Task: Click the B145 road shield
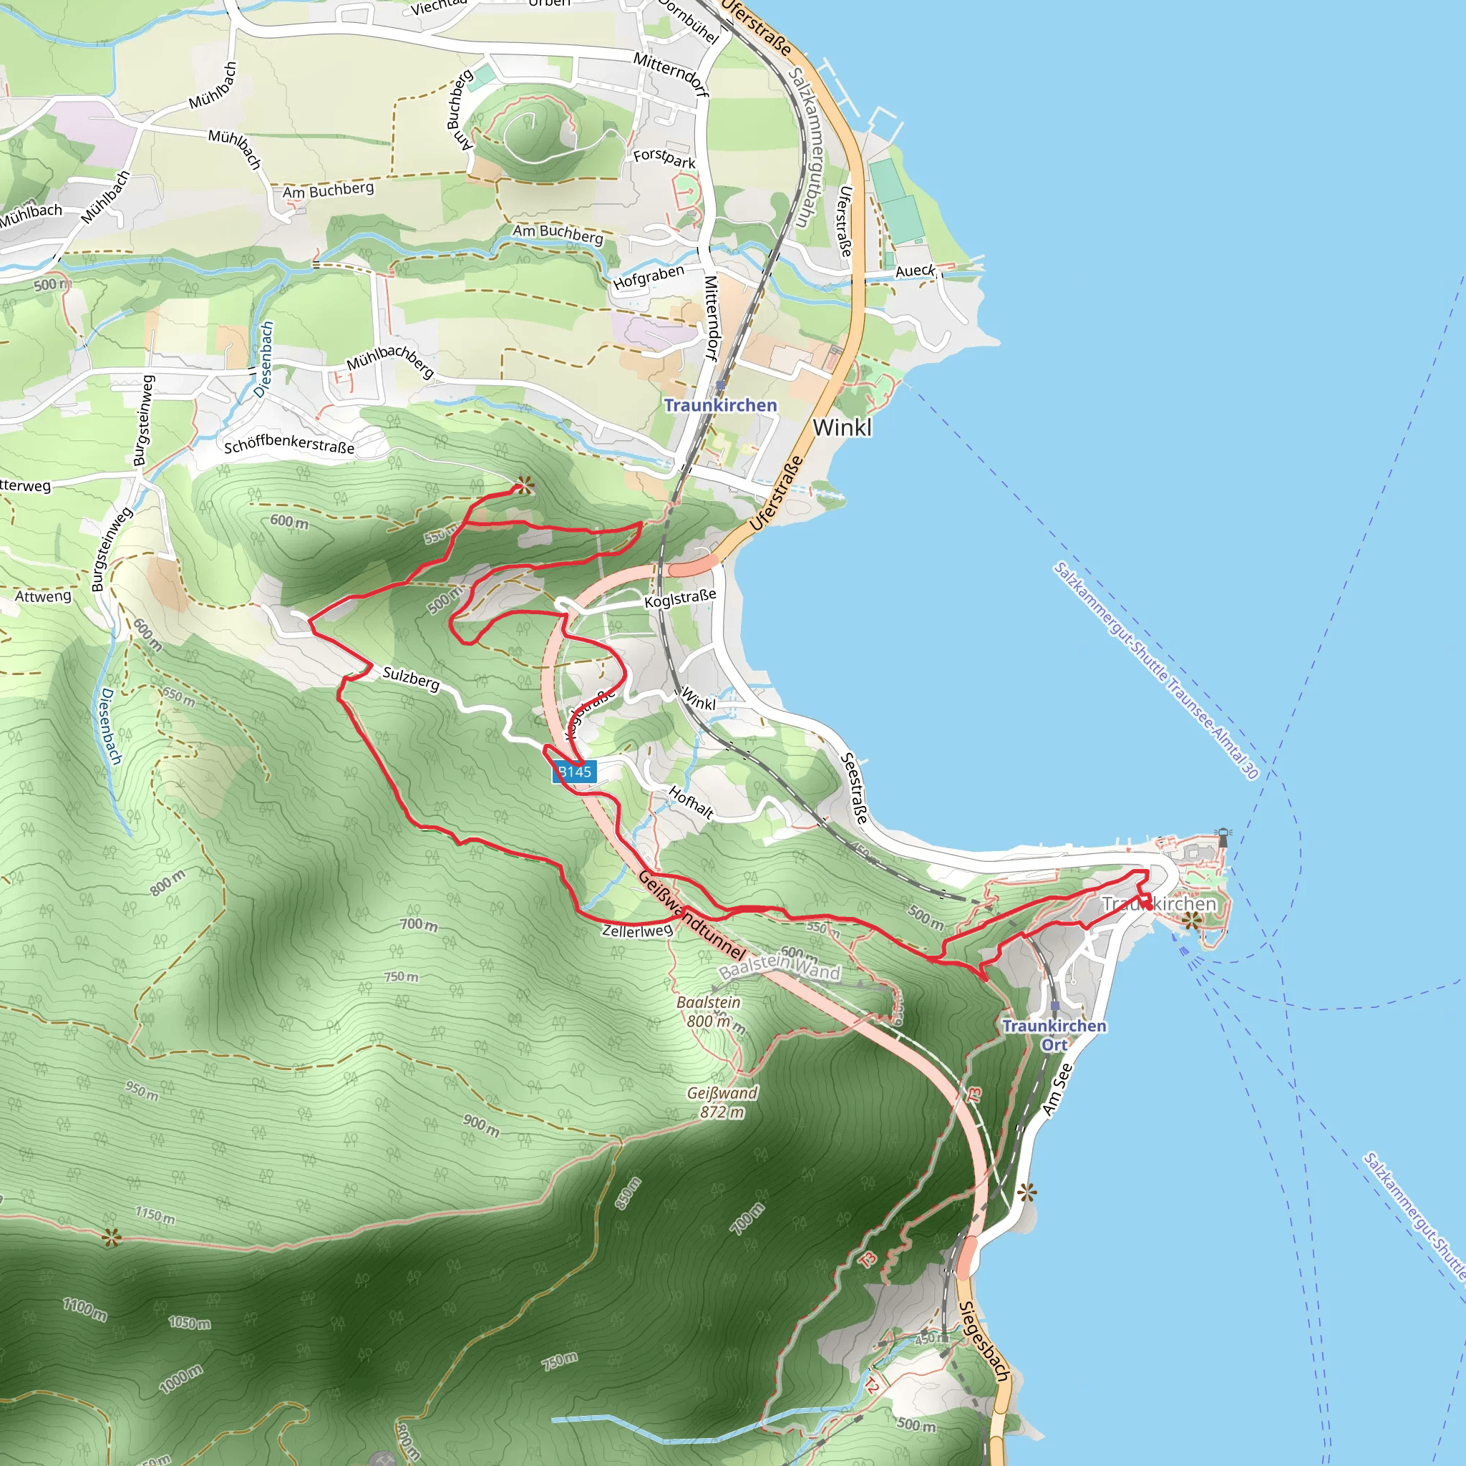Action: coord(574,772)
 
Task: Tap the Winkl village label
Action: coord(842,428)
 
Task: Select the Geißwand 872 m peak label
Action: coord(722,1102)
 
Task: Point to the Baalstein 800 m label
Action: coord(708,1011)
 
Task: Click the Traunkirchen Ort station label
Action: coord(1054,1035)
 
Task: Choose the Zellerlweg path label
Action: coord(636,931)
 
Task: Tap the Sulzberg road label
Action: coord(410,678)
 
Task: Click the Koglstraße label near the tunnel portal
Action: coord(680,598)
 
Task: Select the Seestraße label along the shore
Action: coord(855,788)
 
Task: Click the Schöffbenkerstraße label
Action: coord(289,445)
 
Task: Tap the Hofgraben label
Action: coord(649,277)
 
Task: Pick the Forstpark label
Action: coord(664,157)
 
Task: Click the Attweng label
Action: coord(43,596)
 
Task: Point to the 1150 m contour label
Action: coord(155,1215)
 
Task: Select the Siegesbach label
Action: coord(984,1341)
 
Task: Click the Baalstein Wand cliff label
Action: coord(780,966)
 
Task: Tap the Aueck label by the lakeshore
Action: coord(915,271)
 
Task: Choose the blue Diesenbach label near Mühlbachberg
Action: coord(263,359)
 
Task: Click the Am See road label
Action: coord(1057,1089)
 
